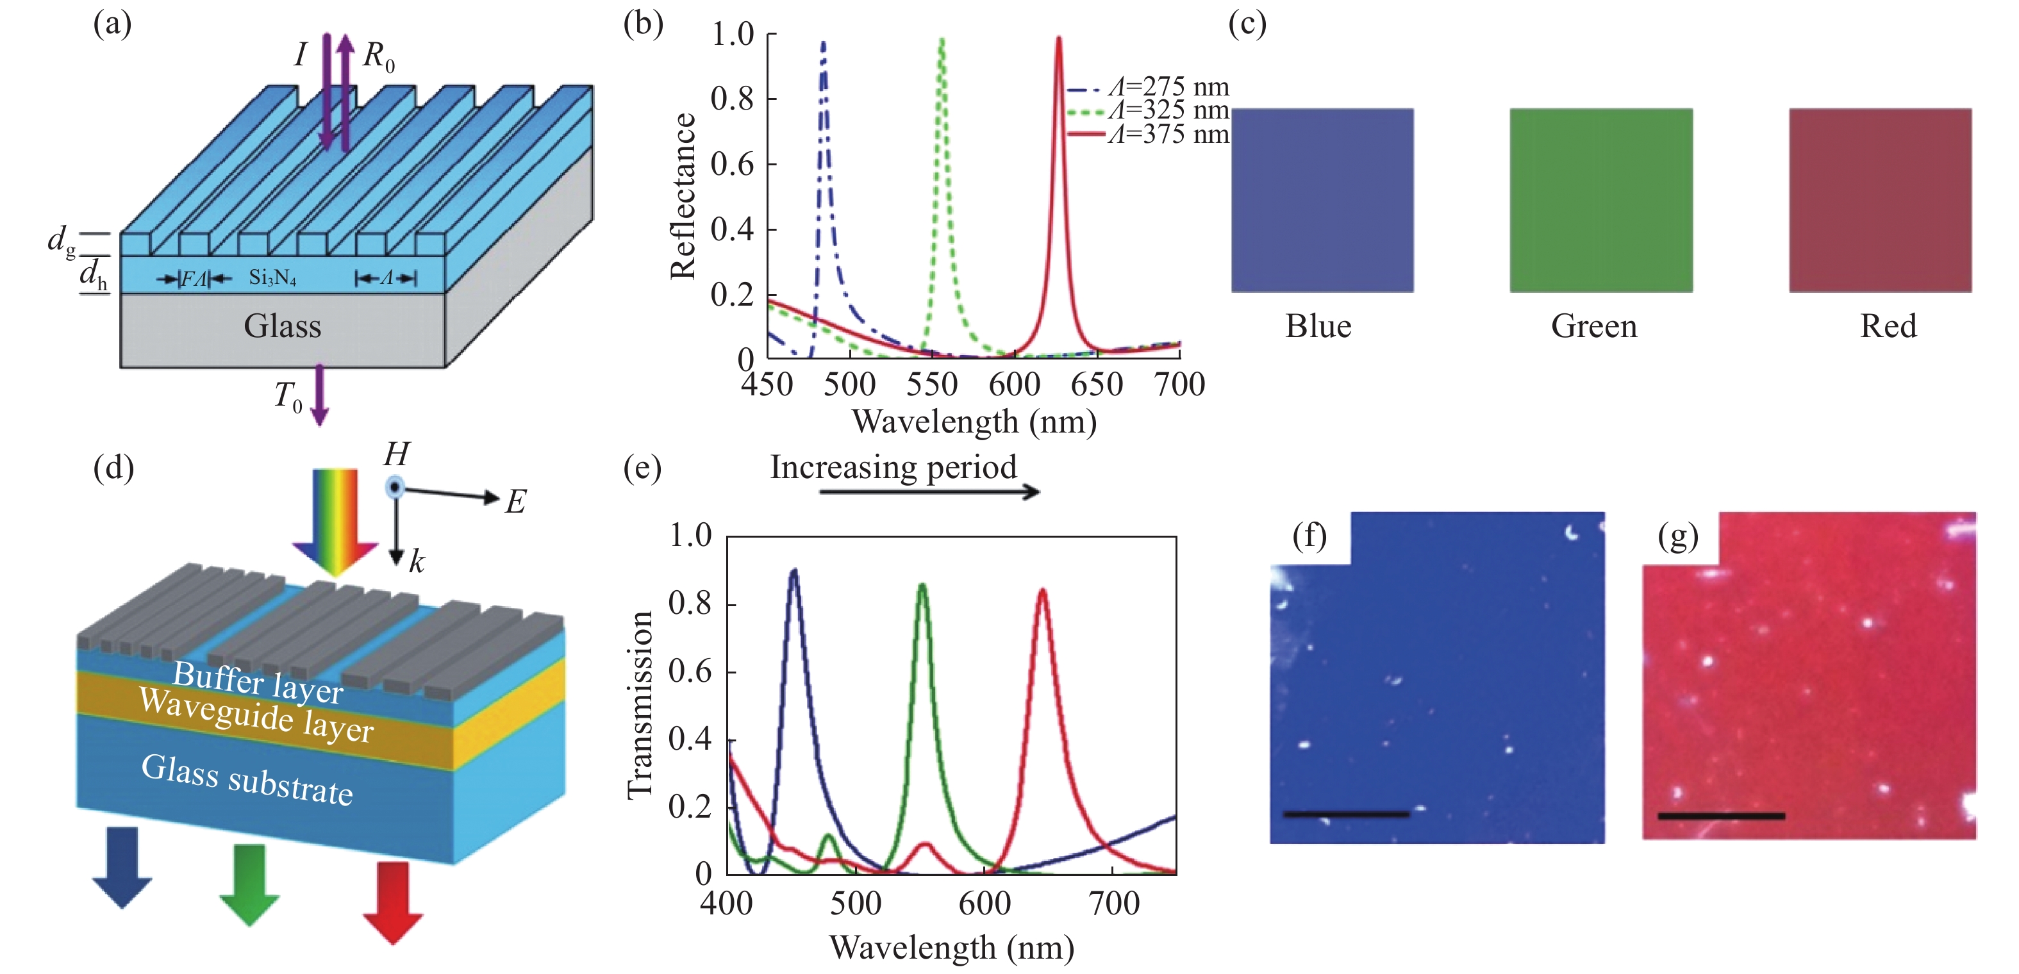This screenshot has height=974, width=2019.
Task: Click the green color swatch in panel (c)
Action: (x=1600, y=200)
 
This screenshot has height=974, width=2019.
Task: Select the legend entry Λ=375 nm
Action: (x=1168, y=134)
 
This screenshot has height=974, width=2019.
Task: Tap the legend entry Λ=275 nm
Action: (x=1168, y=87)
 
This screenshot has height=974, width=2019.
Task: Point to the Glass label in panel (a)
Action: (x=282, y=326)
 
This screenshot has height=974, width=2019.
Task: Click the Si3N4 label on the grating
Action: (x=272, y=277)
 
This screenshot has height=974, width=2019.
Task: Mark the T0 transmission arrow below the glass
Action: (x=319, y=396)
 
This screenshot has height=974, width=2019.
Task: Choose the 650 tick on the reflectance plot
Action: (x=1097, y=384)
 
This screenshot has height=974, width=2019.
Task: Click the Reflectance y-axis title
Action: (x=683, y=196)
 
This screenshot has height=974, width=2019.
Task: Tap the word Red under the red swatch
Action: (x=1888, y=326)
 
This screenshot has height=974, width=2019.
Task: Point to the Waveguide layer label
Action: (x=256, y=714)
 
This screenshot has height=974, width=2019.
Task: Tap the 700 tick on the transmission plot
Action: (x=1114, y=904)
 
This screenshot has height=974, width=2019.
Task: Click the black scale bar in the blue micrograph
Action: (x=1346, y=814)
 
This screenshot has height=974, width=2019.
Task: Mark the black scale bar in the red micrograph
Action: (x=1721, y=816)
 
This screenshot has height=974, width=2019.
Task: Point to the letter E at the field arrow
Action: (x=515, y=502)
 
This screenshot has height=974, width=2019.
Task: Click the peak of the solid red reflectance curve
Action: (x=1058, y=39)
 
